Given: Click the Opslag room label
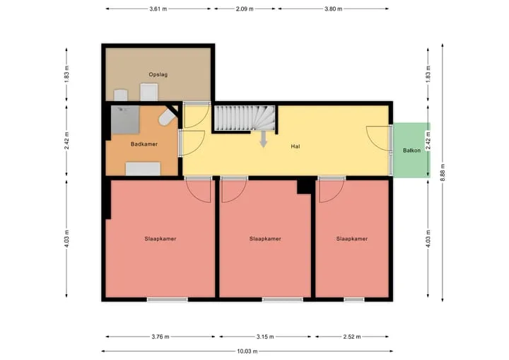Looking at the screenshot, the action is point(158,74).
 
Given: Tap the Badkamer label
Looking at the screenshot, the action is point(144,144).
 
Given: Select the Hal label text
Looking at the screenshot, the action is point(296,146).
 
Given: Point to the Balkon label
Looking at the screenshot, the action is point(411,151).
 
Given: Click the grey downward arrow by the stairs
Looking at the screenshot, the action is point(264,139).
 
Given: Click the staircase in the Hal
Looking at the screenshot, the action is point(245,118).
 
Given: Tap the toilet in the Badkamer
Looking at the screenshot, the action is point(168,117).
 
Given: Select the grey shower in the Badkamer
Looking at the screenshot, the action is point(125,120).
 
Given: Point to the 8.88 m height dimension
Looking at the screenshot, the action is point(443,173).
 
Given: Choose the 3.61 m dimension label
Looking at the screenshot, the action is point(158,8).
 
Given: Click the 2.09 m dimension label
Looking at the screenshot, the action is point(245,8).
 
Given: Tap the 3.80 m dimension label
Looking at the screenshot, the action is point(334,8).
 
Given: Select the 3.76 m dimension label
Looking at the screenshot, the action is point(160,337).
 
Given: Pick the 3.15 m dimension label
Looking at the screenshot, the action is point(265,337).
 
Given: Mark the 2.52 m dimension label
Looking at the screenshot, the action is point(352,337).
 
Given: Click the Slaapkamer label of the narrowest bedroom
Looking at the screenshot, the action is point(352,239).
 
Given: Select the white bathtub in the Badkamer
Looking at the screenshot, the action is point(143,168).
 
